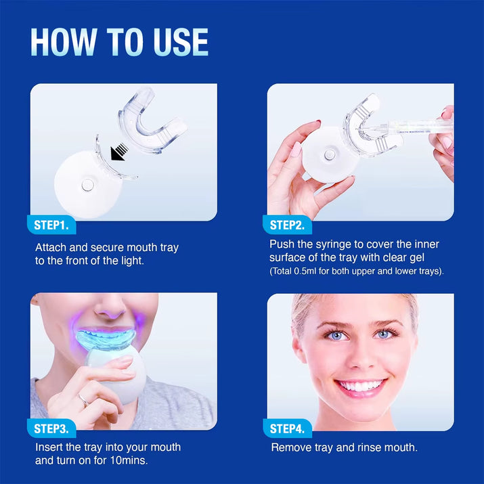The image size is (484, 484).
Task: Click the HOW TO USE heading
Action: [119, 42]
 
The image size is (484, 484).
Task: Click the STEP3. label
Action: [54, 428]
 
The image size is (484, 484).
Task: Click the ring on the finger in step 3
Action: [82, 400]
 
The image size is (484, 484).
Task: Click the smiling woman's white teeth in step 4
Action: [361, 387]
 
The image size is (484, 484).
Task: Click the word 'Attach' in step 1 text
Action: [51, 248]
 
